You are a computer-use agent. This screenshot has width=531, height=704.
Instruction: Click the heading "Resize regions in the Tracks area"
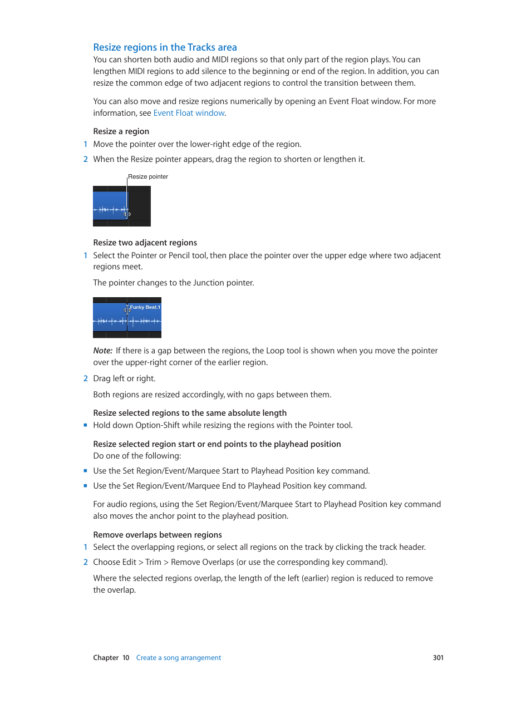click(165, 47)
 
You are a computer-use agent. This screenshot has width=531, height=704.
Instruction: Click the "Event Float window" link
click(189, 113)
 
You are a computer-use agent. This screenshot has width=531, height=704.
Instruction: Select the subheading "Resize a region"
click(121, 131)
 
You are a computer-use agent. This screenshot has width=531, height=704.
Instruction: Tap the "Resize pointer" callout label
click(148, 176)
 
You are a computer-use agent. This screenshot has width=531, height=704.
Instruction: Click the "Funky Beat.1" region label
click(145, 307)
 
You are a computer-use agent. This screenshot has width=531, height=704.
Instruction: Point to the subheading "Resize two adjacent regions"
click(145, 243)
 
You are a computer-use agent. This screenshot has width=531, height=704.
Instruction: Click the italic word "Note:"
click(102, 351)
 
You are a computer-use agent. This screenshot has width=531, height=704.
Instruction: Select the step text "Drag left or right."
click(124, 378)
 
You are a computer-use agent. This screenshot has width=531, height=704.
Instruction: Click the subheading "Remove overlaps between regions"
click(158, 535)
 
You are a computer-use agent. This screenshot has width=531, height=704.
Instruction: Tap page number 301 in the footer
click(438, 658)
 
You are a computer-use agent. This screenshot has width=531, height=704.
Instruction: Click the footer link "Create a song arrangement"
click(178, 658)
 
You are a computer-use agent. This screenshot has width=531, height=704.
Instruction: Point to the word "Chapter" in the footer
click(106, 658)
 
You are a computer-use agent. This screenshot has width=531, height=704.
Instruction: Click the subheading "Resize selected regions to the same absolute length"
click(190, 413)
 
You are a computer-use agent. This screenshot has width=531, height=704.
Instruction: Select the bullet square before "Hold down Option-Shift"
click(85, 425)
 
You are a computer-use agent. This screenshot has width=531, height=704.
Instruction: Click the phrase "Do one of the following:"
click(137, 456)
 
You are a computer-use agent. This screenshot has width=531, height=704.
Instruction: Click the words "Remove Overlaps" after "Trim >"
click(202, 562)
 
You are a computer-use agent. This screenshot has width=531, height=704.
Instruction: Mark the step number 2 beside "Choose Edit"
click(85, 562)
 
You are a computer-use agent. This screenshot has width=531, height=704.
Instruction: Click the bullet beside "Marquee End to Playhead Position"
click(85, 486)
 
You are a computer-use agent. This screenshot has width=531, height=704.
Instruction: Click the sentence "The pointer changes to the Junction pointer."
click(173, 283)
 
